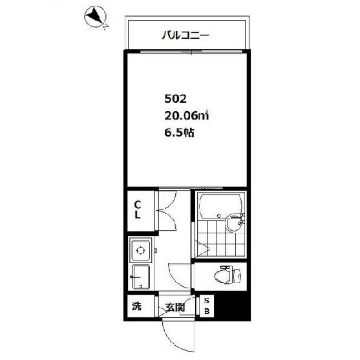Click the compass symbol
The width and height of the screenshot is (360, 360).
pyautogui.click(x=95, y=17)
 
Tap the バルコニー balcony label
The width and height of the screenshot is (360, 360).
pyautogui.click(x=185, y=36)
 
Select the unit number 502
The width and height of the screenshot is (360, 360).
pyautogui.click(x=175, y=99)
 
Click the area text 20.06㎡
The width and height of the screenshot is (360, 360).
pyautogui.click(x=186, y=116)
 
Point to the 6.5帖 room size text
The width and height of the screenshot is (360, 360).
pyautogui.click(x=179, y=132)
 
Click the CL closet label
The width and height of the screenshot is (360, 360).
pyautogui.click(x=138, y=209)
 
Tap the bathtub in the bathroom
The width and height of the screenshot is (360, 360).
pyautogui.click(x=220, y=206)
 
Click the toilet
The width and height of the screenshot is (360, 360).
pyautogui.click(x=228, y=275)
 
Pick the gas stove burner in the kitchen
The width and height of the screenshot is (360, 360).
pyautogui.click(x=140, y=250)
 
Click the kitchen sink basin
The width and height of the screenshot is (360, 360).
pyautogui.click(x=140, y=277)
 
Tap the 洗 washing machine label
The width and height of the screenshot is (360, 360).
pyautogui.click(x=136, y=306)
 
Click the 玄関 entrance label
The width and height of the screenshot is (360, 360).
pyautogui.click(x=175, y=308)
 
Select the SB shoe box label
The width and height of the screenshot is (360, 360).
pyautogui.click(x=207, y=306)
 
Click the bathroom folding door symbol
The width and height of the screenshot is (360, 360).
pyautogui.click(x=202, y=249)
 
